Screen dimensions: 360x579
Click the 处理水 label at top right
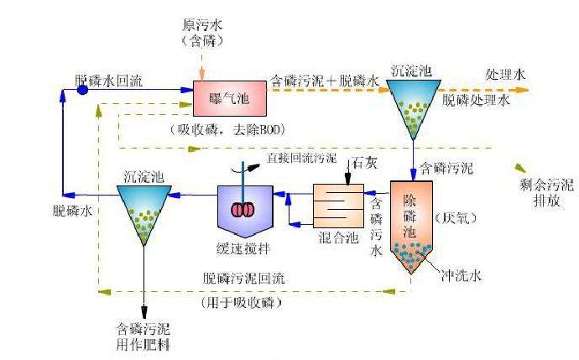coord(506,74)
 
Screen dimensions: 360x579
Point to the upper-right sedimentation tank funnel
coord(413,105)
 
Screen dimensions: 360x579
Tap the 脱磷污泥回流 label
coord(242,278)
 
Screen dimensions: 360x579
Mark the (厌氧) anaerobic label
coord(454,217)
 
